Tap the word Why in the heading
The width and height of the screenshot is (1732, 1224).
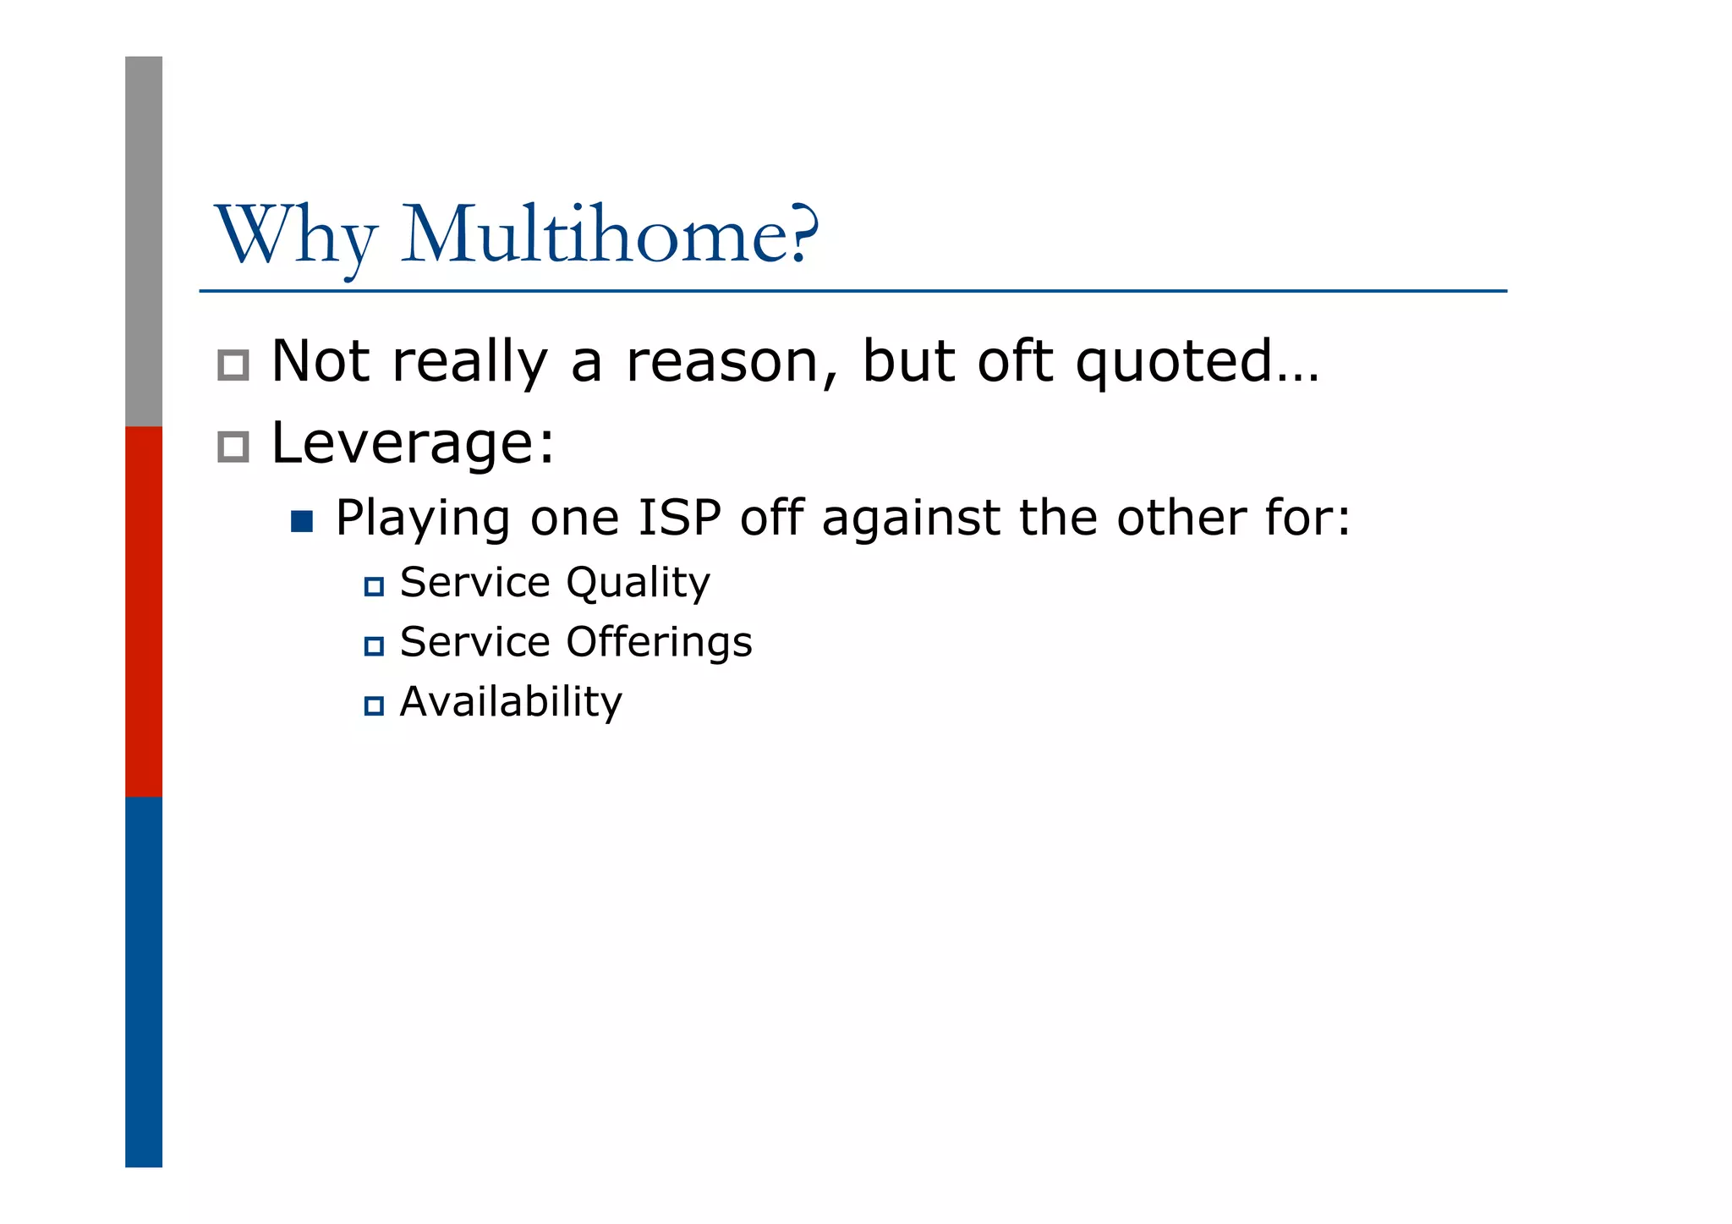click(295, 237)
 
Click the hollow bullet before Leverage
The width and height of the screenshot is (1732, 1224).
click(233, 447)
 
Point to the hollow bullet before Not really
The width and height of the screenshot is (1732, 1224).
click(233, 365)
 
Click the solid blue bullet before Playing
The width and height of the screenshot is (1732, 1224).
click(302, 521)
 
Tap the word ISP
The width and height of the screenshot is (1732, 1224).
click(678, 518)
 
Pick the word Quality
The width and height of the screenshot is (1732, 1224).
click(638, 583)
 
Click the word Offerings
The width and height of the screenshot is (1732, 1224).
click(659, 641)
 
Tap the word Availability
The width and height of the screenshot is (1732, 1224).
click(511, 701)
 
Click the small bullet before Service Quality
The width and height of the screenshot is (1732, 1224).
click(374, 586)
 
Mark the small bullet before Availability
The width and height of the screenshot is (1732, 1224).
click(374, 705)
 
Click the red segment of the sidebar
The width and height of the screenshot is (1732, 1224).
click(144, 611)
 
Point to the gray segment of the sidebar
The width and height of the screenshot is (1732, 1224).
click(144, 241)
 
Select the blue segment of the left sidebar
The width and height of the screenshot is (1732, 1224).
click(144, 981)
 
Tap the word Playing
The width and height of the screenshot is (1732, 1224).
click(423, 519)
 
